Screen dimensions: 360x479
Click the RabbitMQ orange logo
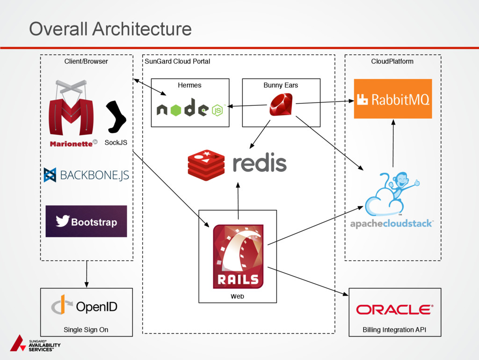pos(392,99)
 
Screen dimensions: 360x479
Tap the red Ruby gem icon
pos(281,105)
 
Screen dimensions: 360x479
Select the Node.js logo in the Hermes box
pos(189,109)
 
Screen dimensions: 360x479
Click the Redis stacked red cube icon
pos(206,165)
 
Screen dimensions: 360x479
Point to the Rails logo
pos(238,257)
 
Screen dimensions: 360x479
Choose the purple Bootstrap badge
pos(86,221)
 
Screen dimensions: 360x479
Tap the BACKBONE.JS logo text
pos(86,175)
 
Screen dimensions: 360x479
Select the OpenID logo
pos(84,306)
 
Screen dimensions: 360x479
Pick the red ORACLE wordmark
pos(394,309)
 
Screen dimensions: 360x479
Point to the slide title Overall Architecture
pos(110,29)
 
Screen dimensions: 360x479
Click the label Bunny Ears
pos(281,85)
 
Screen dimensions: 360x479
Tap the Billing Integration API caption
pos(394,330)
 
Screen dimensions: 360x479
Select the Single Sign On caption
pos(86,330)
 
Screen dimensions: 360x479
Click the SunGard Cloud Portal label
pos(177,61)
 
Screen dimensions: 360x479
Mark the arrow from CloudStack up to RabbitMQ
pos(393,143)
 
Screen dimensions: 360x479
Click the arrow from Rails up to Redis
pos(238,201)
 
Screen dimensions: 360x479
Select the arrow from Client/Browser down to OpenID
pos(87,274)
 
